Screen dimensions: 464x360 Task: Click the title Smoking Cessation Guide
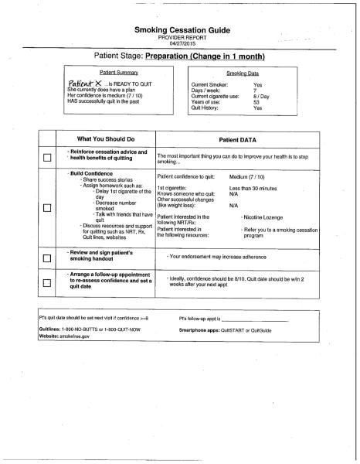tap(180, 29)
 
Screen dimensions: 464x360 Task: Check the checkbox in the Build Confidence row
tap(47, 207)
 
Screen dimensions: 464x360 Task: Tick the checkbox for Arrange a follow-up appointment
tap(47, 283)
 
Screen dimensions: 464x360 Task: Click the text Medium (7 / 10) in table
tap(253, 177)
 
